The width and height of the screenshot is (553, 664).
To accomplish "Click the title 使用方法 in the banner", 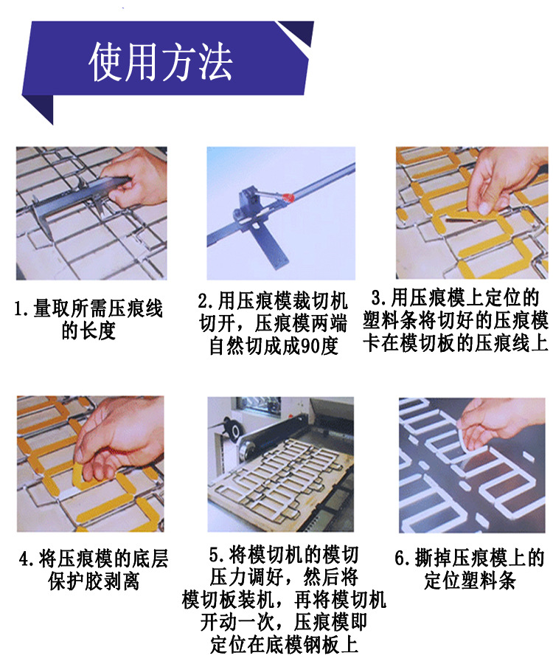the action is (x=160, y=62).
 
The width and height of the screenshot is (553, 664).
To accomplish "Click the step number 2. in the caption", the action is (x=206, y=301).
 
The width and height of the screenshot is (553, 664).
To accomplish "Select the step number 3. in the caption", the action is (x=379, y=298).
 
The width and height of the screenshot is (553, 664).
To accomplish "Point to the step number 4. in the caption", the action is (x=27, y=559).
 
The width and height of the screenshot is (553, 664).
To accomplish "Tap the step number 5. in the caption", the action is (x=218, y=556).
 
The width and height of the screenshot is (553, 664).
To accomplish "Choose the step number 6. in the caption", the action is (x=403, y=558).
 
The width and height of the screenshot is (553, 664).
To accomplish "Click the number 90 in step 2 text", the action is (x=310, y=347).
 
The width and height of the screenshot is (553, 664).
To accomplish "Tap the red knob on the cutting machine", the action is (x=288, y=197).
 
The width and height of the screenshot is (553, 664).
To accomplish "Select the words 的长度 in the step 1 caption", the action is (x=88, y=331).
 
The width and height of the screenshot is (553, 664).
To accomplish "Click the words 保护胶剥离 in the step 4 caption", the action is (x=94, y=581).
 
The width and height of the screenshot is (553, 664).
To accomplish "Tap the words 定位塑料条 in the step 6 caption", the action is (x=470, y=580).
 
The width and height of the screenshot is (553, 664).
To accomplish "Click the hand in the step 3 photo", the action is (x=499, y=180).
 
